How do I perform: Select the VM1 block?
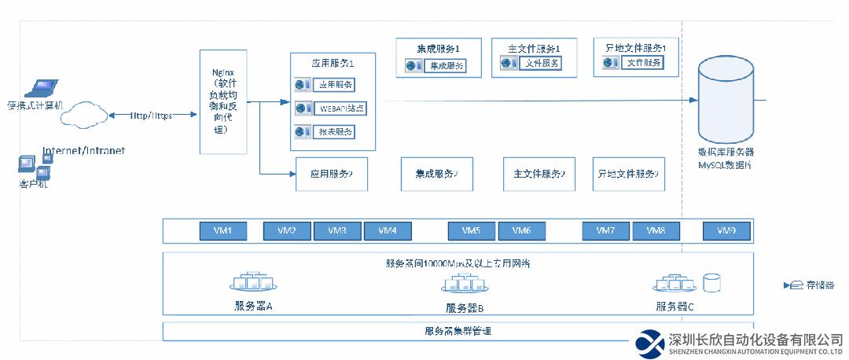(x=223, y=231)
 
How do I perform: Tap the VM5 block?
(x=471, y=231)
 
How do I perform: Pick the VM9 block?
(x=726, y=231)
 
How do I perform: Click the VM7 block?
(x=605, y=231)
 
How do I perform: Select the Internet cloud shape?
(x=83, y=116)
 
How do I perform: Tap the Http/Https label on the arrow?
(x=151, y=116)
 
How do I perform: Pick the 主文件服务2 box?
(x=538, y=174)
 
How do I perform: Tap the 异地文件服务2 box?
(x=629, y=174)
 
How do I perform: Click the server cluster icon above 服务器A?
(x=253, y=282)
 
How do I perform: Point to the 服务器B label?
(x=465, y=308)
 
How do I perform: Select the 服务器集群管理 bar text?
(x=458, y=331)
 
